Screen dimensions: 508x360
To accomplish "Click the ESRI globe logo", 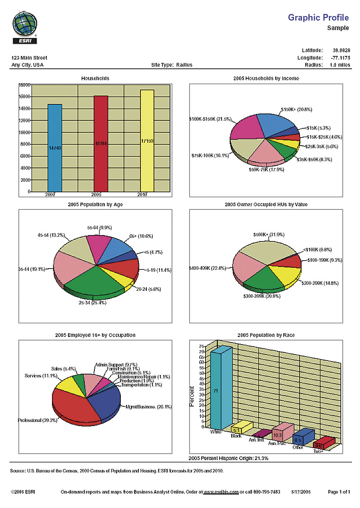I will (x=25, y=25).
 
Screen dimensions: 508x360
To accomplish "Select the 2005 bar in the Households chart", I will (x=101, y=143).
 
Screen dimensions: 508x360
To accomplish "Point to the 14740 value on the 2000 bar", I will (x=55, y=147).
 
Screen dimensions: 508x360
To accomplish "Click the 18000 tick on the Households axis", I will (x=24, y=85).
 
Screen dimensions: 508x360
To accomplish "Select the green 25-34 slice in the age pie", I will (x=96, y=280).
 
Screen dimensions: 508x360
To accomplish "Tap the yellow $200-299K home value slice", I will (x=285, y=274).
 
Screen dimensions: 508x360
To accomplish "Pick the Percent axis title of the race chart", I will (x=192, y=396).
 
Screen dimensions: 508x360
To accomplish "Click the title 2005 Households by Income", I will (x=266, y=78).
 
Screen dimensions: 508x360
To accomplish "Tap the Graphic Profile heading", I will (x=318, y=18).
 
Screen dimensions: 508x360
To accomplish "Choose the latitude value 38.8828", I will (x=341, y=50).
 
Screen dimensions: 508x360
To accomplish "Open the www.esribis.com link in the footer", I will (x=221, y=492).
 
